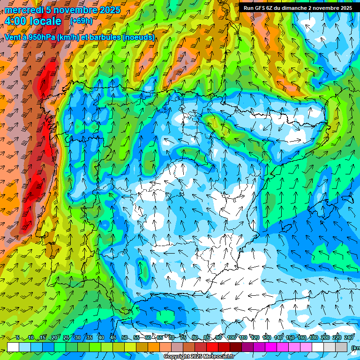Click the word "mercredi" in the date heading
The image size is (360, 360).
[x=23, y=10]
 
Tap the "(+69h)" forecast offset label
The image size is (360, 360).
[x=81, y=21]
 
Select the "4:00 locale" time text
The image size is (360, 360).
[x=33, y=22]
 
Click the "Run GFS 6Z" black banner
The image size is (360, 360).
[x=298, y=8]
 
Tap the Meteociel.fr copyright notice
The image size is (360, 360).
[x=199, y=357]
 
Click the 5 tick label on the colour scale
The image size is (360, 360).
[x=17, y=337]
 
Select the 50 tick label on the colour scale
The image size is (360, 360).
[x=124, y=337]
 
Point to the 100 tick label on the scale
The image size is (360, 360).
[x=231, y=337]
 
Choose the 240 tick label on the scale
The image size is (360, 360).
[x=349, y=337]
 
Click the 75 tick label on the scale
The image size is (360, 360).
[x=183, y=337]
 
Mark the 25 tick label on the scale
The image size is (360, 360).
[x=66, y=337]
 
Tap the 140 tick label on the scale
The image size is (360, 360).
[x=278, y=337]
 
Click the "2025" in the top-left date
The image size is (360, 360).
[x=110, y=10]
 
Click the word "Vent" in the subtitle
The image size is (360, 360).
[x=13, y=37]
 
